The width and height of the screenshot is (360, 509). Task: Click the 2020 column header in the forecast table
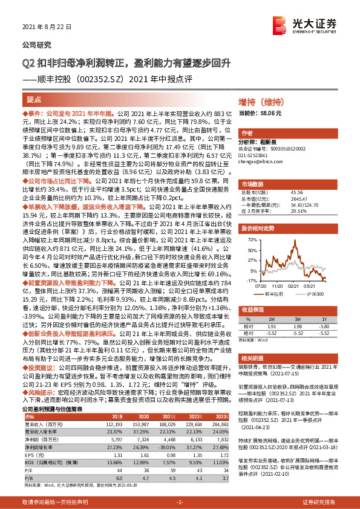[x=143, y=416]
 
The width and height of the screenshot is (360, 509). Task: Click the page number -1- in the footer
[x=179, y=502]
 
